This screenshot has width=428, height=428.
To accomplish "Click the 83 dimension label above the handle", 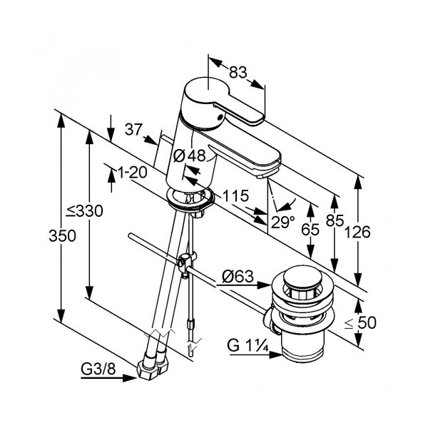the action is point(238,72).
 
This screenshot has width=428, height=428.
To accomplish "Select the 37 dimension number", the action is point(134,129).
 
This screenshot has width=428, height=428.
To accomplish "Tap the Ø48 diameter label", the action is point(190,156).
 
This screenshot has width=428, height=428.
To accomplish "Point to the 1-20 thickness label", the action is point(133,173).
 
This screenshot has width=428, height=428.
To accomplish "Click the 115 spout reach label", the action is point(235,195).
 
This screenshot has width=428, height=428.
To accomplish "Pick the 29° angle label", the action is point(282,222).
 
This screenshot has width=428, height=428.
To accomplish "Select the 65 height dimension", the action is point(310,229).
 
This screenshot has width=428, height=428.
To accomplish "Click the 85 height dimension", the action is point(335,220).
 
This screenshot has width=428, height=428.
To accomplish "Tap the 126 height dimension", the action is point(357,233).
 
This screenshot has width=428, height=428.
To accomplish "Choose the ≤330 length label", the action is point(84,211).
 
